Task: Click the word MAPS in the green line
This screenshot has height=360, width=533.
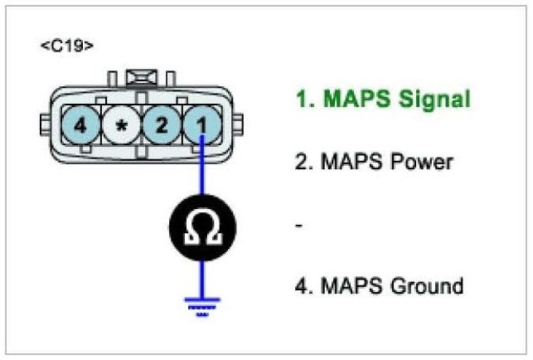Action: pos(349,100)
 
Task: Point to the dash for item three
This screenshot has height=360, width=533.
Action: pos(298,225)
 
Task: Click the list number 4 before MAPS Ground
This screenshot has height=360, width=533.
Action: pos(301,286)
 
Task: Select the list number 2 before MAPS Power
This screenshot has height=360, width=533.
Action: pos(301,161)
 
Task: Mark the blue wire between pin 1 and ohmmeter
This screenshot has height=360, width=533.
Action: pos(200,176)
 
